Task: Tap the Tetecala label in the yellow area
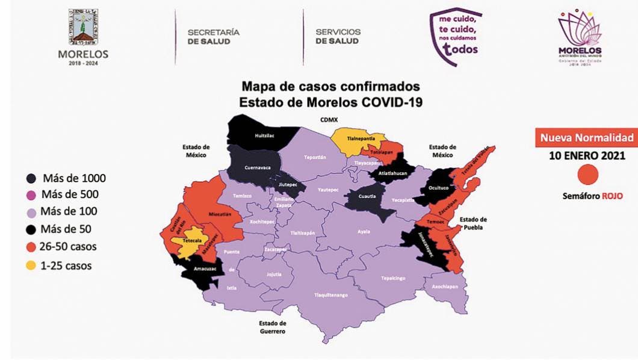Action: coord(191,239)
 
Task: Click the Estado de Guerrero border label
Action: coord(269,327)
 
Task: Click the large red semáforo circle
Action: coord(587,175)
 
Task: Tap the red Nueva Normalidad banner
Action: coord(586,137)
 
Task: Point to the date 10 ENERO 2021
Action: coord(586,155)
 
